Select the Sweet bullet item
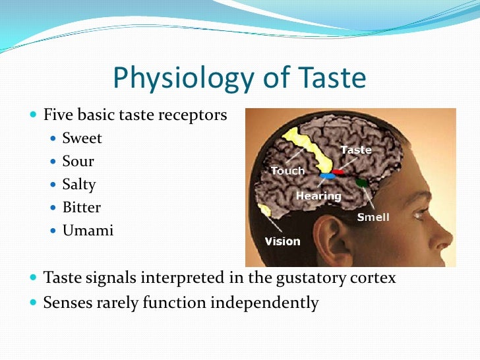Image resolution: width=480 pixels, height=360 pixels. [x=82, y=138]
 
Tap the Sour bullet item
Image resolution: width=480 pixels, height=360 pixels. [x=78, y=162]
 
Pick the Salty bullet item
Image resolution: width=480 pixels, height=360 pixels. [x=78, y=185]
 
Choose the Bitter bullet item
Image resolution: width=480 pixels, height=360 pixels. [x=81, y=208]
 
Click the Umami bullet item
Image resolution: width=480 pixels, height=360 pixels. [x=87, y=231]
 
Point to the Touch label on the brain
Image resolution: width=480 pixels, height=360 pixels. [x=287, y=171]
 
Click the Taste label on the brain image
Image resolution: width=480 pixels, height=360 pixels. [x=355, y=150]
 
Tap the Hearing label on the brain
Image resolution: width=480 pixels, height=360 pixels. [x=318, y=196]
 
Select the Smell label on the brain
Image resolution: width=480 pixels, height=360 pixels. [x=373, y=217]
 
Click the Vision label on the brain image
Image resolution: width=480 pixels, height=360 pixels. [x=282, y=241]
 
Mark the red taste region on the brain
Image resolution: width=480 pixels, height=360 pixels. [x=338, y=173]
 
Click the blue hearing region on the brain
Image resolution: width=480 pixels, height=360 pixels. [x=326, y=177]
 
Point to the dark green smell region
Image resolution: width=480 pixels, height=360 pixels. [x=360, y=183]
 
